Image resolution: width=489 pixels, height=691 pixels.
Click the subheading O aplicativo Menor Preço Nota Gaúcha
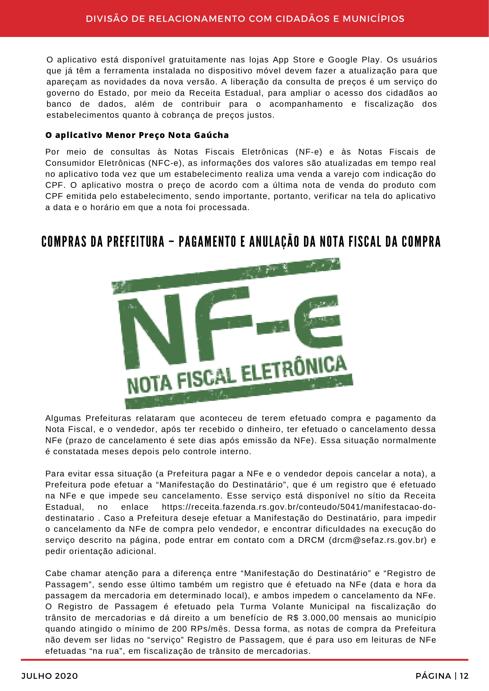point(137,135)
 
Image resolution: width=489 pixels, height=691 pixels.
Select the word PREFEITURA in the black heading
point(136,242)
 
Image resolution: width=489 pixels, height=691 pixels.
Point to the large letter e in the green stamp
point(318,322)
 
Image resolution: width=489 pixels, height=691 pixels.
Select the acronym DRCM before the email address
point(311,540)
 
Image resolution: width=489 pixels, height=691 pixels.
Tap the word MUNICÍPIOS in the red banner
point(373,19)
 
